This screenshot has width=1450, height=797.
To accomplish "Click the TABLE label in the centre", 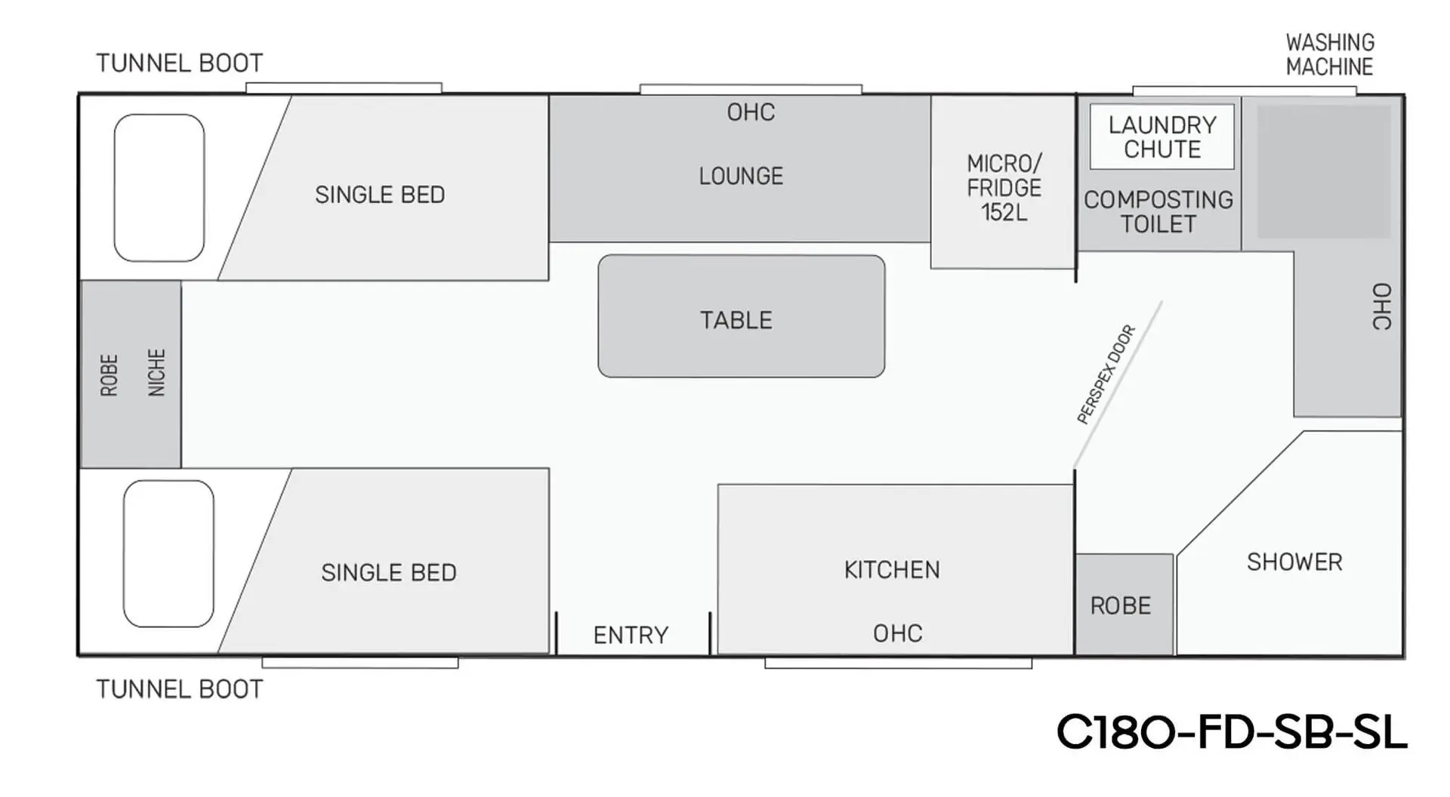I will coord(736,320).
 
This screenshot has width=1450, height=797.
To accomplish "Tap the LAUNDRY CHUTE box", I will coord(1162,137).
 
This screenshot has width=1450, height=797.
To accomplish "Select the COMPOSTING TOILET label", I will coord(1158,212).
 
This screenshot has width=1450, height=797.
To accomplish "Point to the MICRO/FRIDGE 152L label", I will coord(1004,188).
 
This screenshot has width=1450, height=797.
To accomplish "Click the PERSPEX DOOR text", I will coord(1106,374).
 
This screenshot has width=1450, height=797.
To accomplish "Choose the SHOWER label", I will coord(1294,562).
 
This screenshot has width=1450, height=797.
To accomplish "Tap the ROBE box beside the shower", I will coord(1121,605).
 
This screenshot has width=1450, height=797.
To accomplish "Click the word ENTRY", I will coord(631,635).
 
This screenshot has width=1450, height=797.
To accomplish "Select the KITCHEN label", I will coord(892,570).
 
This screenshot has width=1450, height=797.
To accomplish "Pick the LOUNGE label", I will coord(741,176).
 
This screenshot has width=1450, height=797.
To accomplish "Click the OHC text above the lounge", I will coord(751,112).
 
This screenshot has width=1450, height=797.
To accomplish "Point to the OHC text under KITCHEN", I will coord(897,633).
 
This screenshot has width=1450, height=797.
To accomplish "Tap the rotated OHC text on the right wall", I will coord(1381,306).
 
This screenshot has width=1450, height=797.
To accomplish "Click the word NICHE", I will coord(156,372).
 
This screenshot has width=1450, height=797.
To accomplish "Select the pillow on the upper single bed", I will coord(159,188).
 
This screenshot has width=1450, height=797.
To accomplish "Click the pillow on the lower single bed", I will coord(168,554).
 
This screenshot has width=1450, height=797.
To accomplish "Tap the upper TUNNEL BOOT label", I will coord(180,63).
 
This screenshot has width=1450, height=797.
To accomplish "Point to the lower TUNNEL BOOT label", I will coord(180,689).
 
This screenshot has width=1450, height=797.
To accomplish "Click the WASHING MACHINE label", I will coord(1330,54).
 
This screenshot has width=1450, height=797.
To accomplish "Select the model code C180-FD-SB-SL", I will coord(1232,732).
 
